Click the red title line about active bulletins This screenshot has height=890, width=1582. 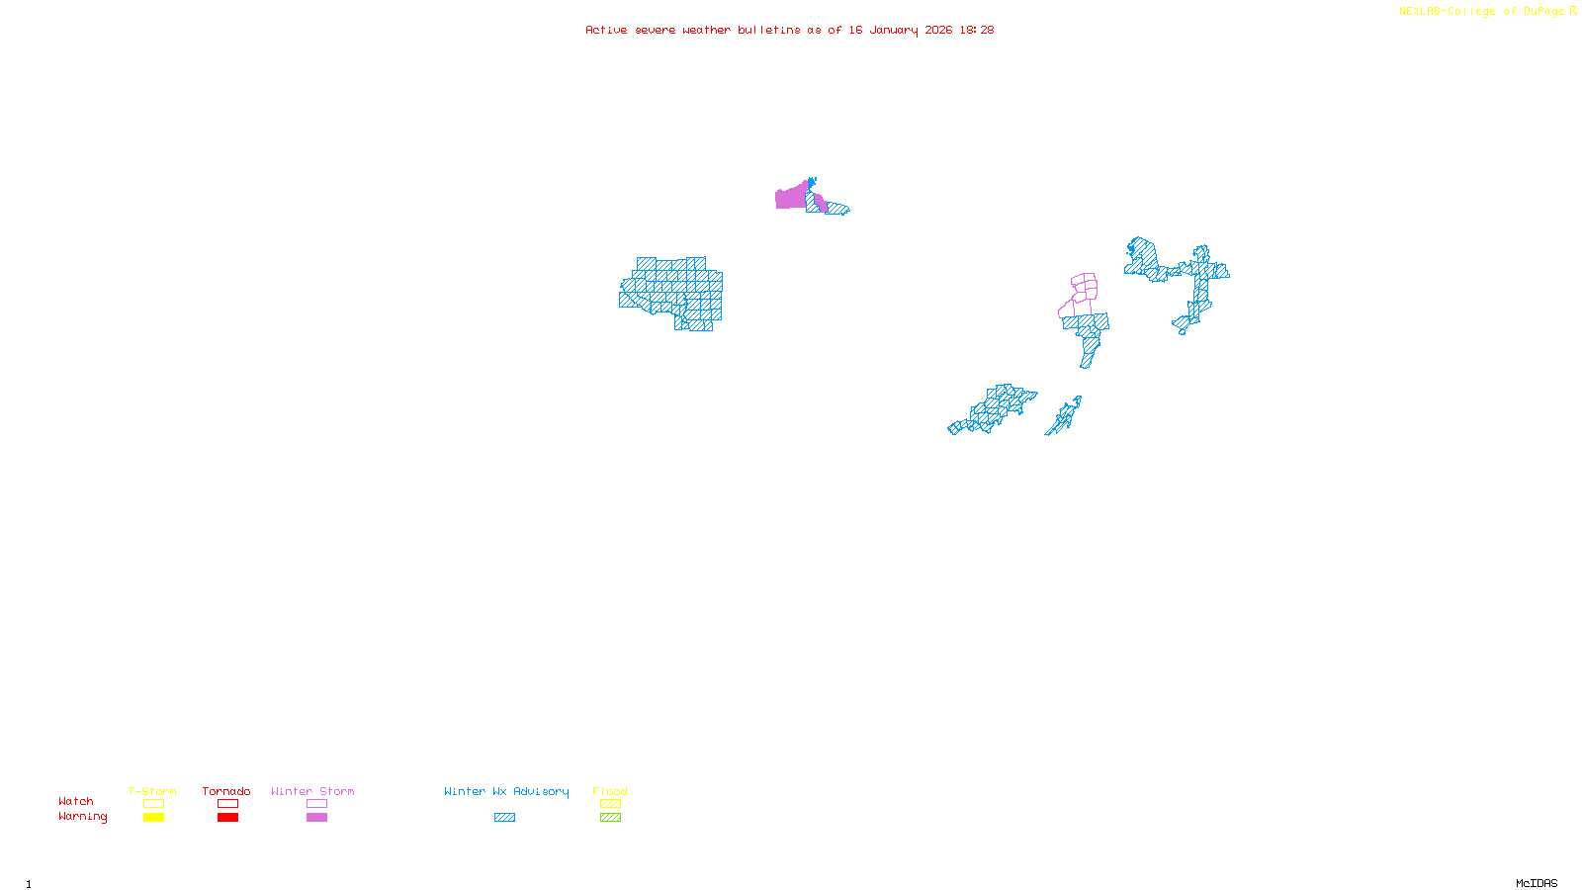pos(789,30)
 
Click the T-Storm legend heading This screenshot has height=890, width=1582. pos(152,791)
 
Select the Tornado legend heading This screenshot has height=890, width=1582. pos(226,791)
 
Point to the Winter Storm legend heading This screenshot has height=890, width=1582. pos(312,791)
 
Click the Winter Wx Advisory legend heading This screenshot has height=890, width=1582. pos(506,791)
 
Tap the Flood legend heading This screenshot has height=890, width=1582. pos(610,791)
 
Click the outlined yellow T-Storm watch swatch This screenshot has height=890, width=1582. pos(153,804)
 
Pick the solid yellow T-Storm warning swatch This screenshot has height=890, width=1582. pos(153,818)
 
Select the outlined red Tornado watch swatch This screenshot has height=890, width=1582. pos(227,804)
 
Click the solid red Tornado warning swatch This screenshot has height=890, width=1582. pos(227,818)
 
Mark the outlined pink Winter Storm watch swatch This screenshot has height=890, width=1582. pos(316,804)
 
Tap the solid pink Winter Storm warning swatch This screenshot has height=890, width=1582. pos(316,818)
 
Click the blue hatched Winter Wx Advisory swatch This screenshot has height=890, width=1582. pos(504,818)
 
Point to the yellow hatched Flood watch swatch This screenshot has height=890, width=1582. pos(610,804)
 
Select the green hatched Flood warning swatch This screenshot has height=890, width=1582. pos(610,818)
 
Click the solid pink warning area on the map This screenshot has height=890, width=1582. pos(790,198)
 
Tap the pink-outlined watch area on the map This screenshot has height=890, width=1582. pos(1085,288)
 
